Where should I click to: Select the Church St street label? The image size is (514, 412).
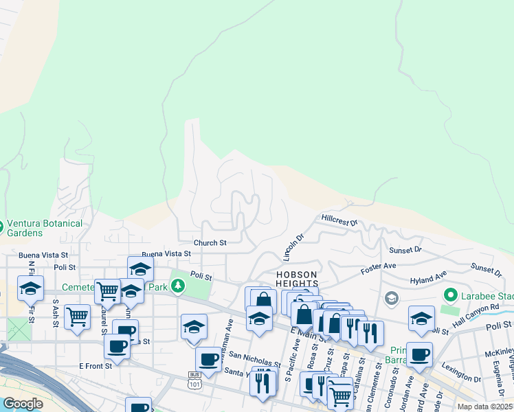coord(210,243)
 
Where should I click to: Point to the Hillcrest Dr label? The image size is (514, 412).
coord(339,220)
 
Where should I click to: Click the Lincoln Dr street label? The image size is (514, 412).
coord(293,247)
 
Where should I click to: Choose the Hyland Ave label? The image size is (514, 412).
coord(428,279)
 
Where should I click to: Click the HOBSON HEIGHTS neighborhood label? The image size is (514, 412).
coord(297,279)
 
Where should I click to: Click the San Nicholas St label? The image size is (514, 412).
coord(255,360)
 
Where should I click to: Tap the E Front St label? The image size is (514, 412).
coord(95,366)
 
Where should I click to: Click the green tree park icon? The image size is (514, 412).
coord(179,285)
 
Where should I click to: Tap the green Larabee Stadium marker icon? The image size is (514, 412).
coord(451,296)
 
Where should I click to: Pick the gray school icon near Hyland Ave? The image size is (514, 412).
coord(391,297)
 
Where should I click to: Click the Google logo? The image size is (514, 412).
coord(23,404)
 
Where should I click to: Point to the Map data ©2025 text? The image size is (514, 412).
coord(485,407)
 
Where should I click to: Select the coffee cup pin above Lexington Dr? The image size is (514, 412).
coord(419,354)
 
